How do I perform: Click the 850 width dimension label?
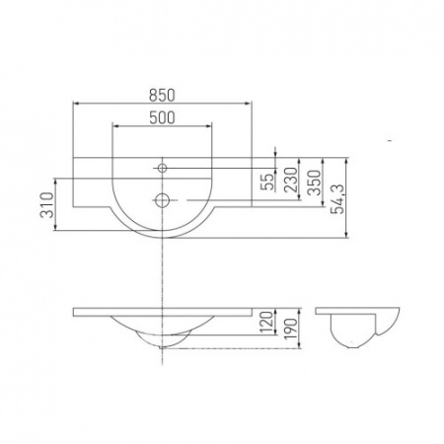coord(162,95)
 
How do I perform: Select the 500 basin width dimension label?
coord(162,117)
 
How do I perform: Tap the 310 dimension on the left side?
coord(47,205)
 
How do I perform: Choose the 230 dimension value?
coord(291,180)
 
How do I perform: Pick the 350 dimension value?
coord(314,183)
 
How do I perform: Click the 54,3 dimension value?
coord(337,199)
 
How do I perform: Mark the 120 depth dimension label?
coord(268,322)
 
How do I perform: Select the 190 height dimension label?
coord(291,328)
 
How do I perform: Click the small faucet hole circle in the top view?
coord(162,169)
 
